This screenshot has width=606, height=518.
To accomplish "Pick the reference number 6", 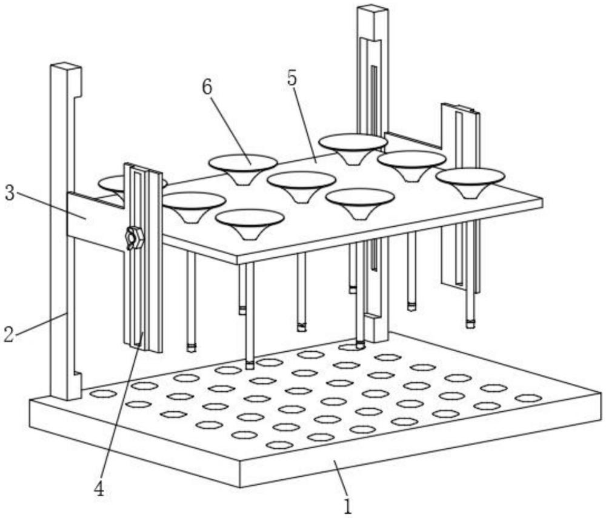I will pyautogui.click(x=207, y=87).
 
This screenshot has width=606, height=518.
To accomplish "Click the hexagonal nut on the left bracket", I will pyautogui.click(x=134, y=238).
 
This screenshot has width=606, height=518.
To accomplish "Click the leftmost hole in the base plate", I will pyautogui.click(x=102, y=394).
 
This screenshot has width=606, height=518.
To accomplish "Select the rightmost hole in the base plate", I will pyautogui.click(x=528, y=399).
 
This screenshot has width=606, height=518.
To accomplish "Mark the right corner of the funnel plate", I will pyautogui.click(x=541, y=203).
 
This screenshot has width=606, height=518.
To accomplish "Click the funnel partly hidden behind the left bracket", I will pyautogui.click(x=112, y=184).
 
